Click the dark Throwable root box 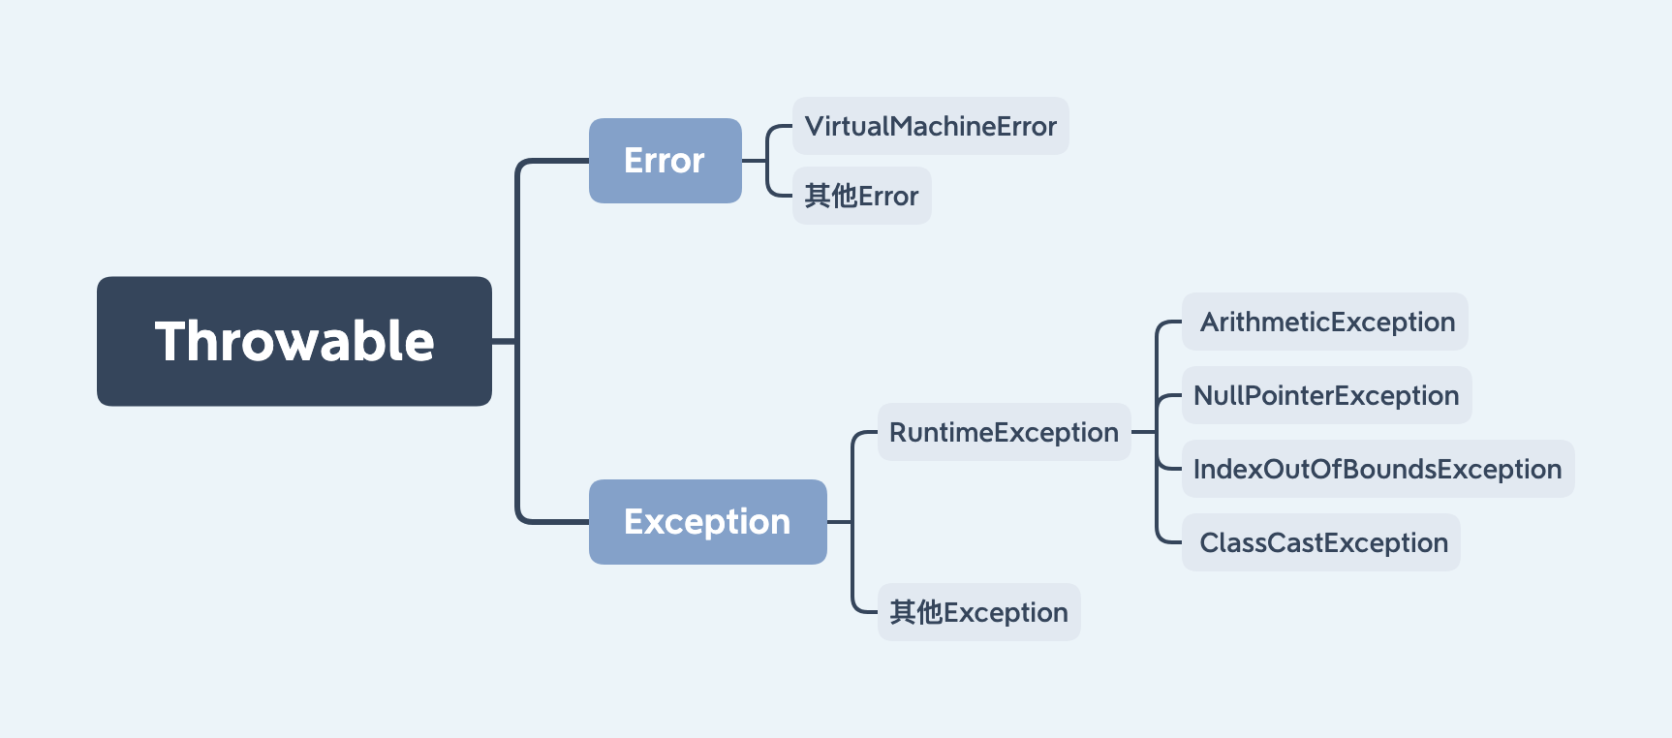294,341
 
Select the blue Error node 666,161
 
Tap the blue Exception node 708,522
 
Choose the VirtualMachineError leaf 931,126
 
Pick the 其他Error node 862,196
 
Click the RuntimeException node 1005,432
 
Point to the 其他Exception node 979,612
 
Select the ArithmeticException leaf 1325,322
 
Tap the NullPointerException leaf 1327,395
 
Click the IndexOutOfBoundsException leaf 1378,469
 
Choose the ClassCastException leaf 1321,542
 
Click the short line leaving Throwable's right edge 504,341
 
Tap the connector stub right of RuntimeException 1144,432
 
